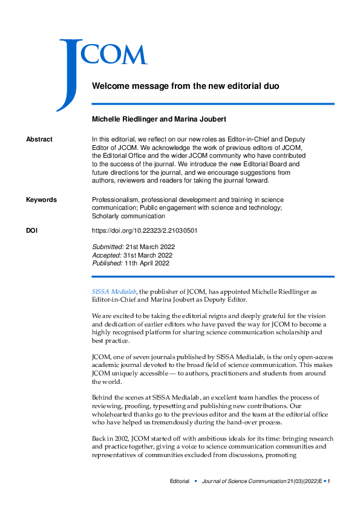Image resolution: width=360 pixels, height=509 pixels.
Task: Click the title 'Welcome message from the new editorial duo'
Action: click(185, 86)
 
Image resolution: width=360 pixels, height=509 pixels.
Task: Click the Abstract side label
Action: click(39, 140)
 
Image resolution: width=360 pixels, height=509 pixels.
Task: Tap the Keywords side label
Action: click(41, 200)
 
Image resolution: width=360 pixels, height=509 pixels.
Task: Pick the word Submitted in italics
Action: click(107, 247)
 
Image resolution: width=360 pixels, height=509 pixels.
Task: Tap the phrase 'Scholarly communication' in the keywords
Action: click(128, 216)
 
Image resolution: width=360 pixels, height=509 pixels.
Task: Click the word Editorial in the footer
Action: click(179, 481)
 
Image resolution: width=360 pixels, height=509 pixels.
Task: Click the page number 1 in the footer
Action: click(329, 481)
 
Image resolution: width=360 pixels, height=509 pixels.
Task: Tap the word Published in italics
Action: click(107, 263)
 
